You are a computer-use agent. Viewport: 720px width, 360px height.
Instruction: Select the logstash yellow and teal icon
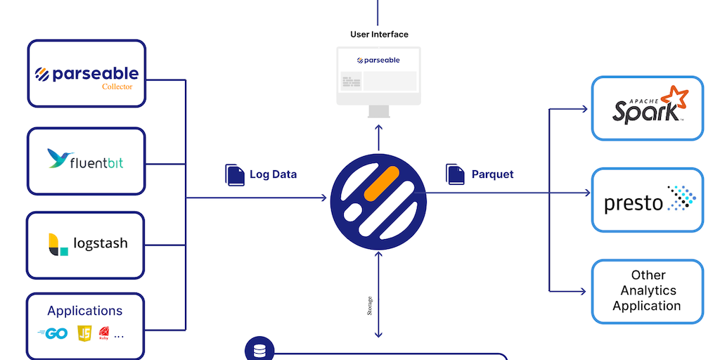click(58, 244)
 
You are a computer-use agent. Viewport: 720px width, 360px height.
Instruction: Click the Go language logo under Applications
click(52, 334)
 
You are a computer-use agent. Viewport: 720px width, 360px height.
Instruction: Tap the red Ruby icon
click(104, 333)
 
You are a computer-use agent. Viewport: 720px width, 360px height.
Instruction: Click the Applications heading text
click(85, 311)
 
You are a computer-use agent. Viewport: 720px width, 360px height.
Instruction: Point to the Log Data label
click(273, 174)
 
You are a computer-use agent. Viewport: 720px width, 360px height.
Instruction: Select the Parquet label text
click(492, 174)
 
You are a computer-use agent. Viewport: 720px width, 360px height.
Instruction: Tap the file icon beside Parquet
click(455, 174)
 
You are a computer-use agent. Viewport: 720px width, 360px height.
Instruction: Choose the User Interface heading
click(379, 34)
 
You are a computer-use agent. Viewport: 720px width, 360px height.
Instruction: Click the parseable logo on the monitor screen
click(378, 60)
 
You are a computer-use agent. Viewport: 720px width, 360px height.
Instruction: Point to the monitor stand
click(379, 111)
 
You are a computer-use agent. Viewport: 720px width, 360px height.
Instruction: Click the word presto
click(634, 204)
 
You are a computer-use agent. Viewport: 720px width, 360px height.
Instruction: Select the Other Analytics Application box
click(647, 291)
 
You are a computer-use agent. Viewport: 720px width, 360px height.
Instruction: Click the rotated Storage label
click(371, 306)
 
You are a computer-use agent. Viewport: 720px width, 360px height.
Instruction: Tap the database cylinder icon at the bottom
click(259, 349)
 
